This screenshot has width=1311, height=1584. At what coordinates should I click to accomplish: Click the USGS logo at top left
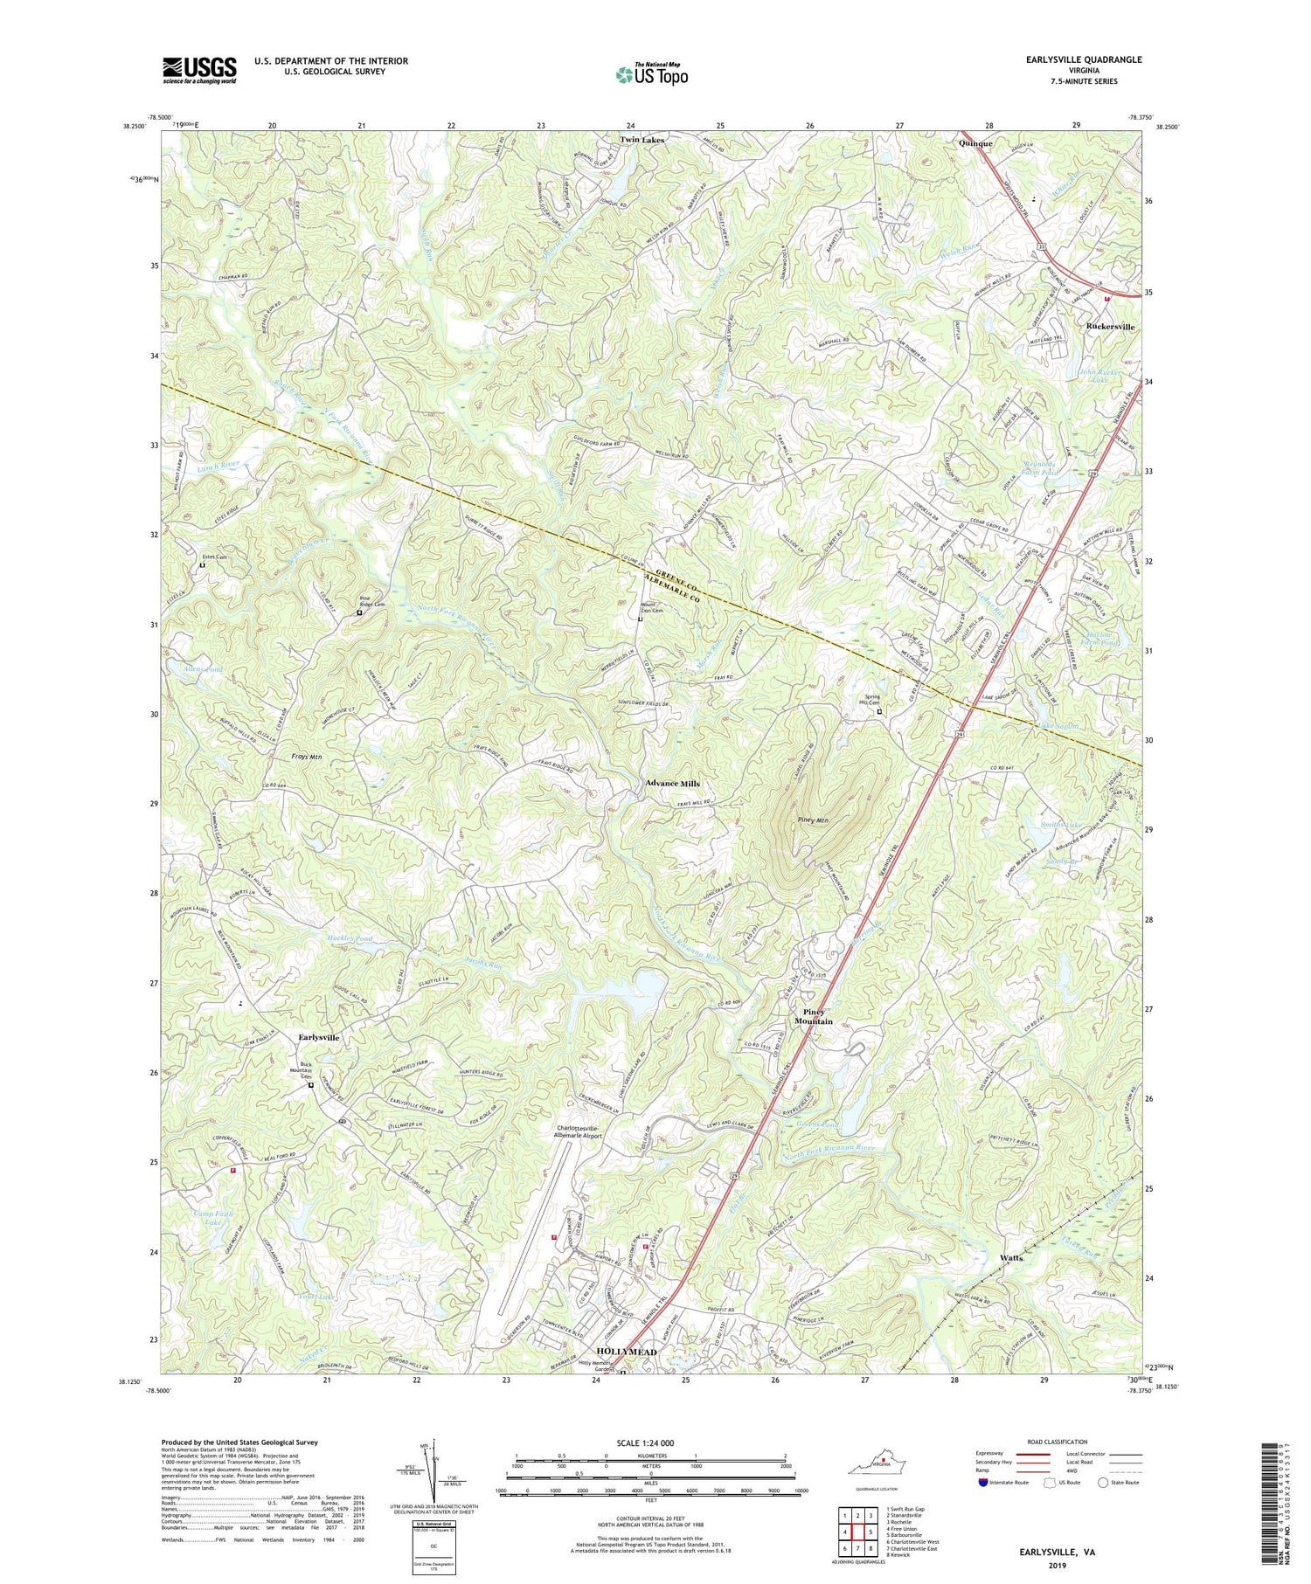tap(198, 70)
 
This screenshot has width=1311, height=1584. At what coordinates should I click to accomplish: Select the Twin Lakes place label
tap(642, 140)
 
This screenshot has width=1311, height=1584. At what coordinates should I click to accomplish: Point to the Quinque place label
tap(974, 144)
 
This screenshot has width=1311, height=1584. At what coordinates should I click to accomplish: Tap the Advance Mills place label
tap(672, 784)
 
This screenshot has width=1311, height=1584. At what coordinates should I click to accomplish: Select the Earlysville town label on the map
tap(318, 1037)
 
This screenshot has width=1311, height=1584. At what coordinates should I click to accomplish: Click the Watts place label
tap(1012, 1258)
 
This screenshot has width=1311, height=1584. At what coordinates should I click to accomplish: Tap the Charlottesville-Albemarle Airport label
tap(586, 1132)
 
